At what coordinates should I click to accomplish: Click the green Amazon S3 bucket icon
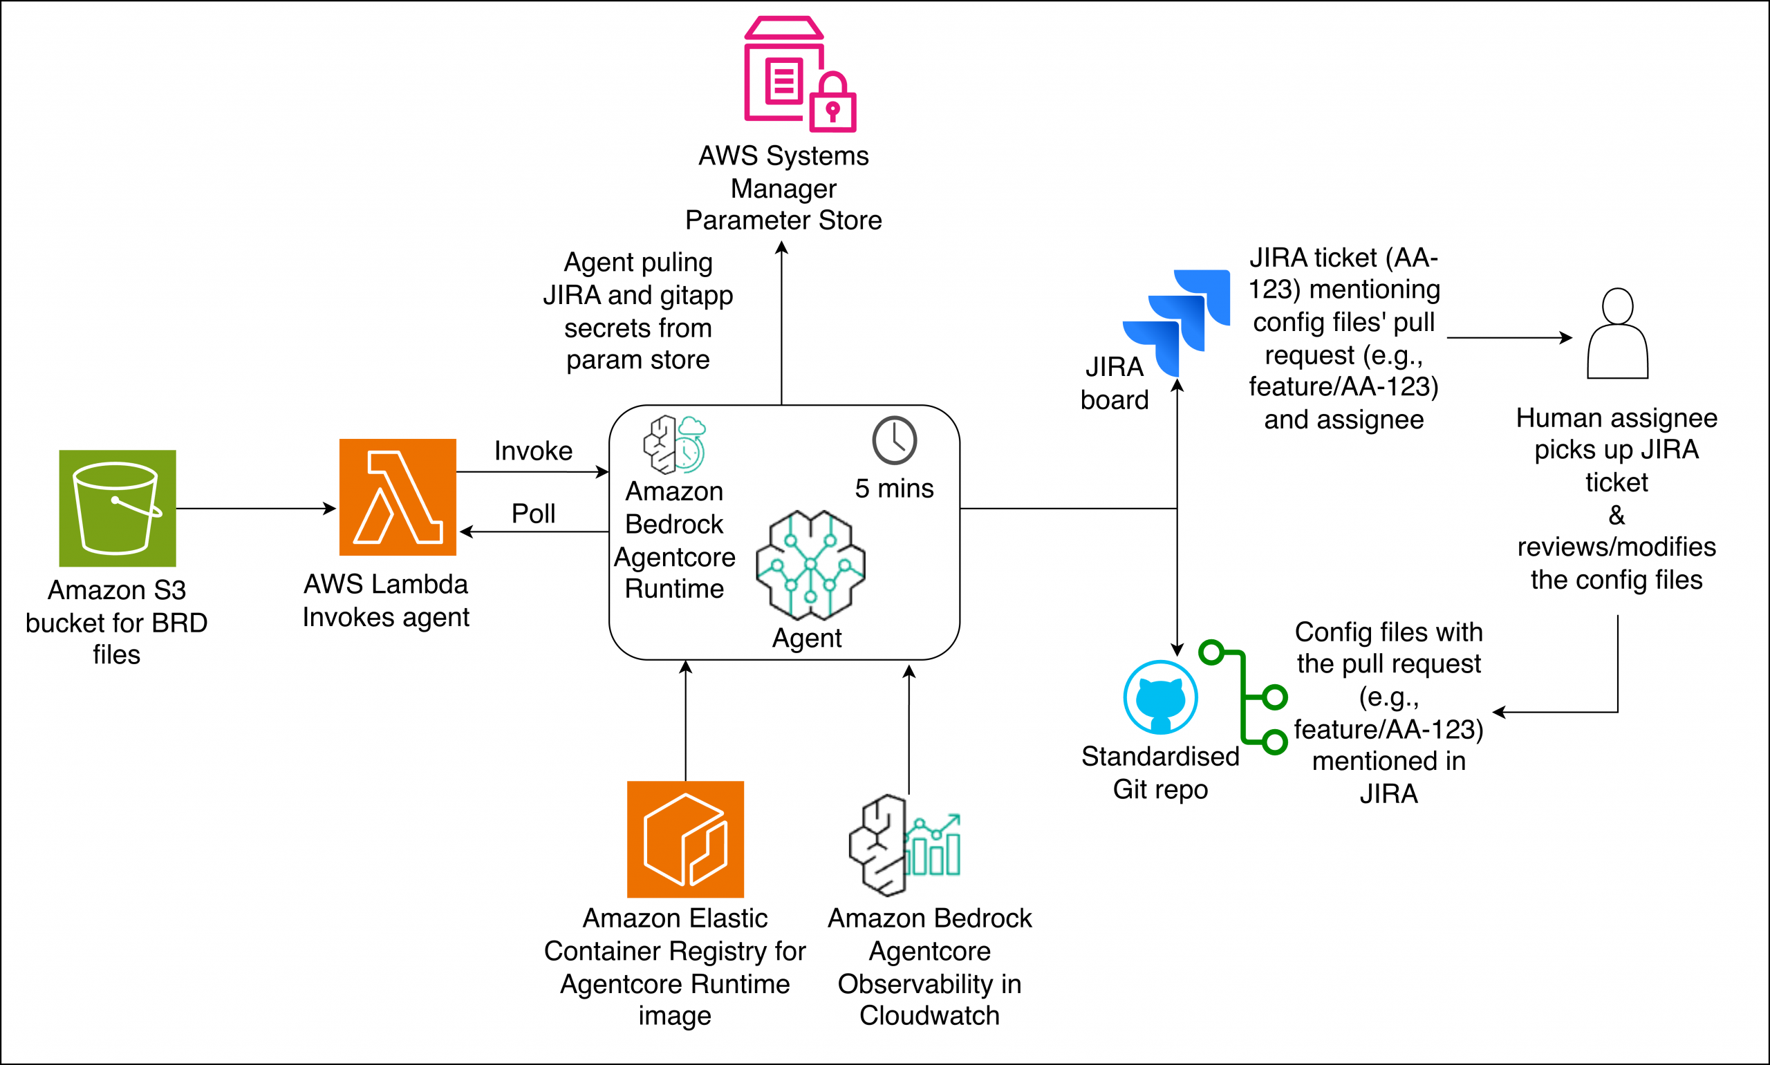[117, 508]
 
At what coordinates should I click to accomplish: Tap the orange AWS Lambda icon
[398, 497]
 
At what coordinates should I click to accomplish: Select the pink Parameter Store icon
[799, 74]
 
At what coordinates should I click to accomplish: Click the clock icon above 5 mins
[894, 440]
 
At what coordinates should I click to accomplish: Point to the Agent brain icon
[810, 565]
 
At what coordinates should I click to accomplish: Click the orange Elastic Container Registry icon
[685, 839]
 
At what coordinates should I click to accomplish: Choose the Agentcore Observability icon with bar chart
[904, 845]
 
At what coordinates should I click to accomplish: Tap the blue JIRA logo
[1176, 323]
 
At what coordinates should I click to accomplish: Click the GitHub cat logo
[1161, 697]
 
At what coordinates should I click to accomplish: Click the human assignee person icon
[1617, 333]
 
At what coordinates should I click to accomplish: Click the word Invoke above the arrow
[533, 451]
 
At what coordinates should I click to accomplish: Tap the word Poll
[533, 513]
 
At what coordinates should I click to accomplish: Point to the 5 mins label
[894, 488]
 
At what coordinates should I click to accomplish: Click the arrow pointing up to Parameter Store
[782, 323]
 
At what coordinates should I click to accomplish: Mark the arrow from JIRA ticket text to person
[1509, 337]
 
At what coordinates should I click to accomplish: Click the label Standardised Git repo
[1160, 772]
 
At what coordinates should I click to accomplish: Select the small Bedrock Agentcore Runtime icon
[675, 444]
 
